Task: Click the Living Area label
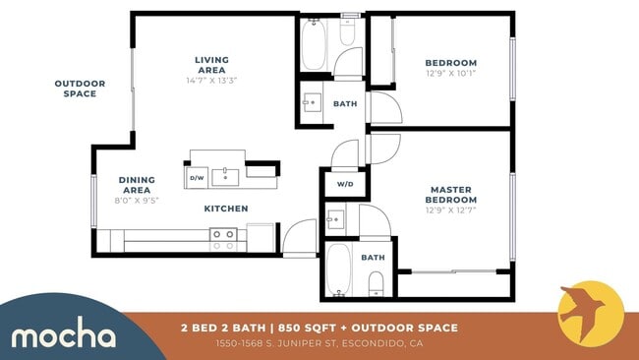tap(211, 65)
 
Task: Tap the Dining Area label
tap(137, 185)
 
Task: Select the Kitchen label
tap(225, 209)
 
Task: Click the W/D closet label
tap(345, 184)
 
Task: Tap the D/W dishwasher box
tap(196, 178)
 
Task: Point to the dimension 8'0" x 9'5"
tap(137, 200)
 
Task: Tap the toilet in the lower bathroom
tap(375, 286)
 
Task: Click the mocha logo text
tap(63, 335)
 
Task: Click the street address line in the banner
tap(319, 343)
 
